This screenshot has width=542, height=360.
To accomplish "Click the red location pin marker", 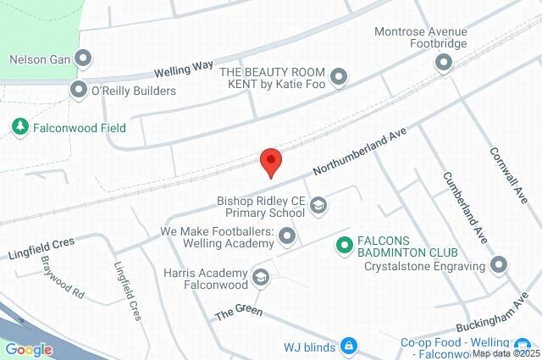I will click(x=270, y=160).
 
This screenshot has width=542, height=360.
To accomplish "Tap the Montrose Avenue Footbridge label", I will click(x=420, y=37).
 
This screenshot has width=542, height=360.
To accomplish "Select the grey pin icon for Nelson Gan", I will click(x=83, y=58).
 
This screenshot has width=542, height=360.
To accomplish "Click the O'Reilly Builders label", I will click(x=134, y=90).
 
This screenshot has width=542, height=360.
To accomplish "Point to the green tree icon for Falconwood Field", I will click(x=20, y=127).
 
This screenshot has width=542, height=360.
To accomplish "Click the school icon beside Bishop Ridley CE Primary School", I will click(x=318, y=204).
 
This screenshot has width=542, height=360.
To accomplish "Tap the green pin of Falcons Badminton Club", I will click(x=344, y=246).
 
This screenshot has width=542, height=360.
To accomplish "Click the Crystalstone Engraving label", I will click(x=423, y=266).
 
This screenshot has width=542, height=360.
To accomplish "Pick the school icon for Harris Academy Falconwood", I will click(x=261, y=277).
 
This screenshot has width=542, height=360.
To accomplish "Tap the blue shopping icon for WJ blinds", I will click(x=348, y=346).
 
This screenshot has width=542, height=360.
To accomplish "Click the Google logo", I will click(x=28, y=349).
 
